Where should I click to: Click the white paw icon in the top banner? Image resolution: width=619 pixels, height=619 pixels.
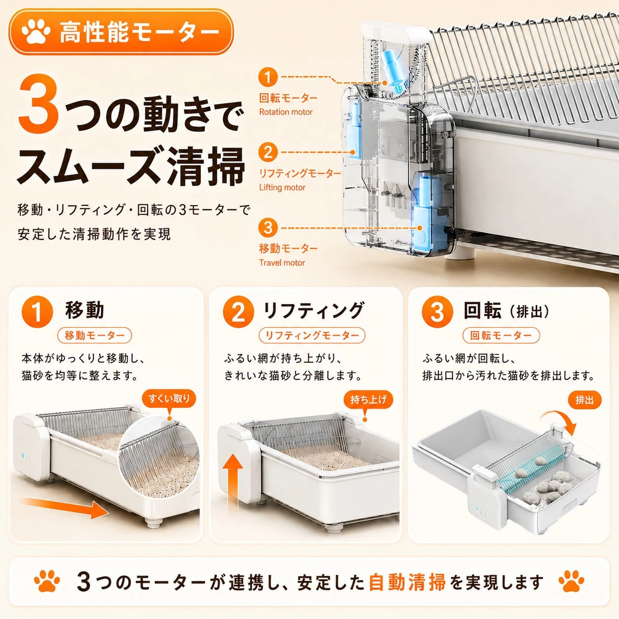pos(36,31)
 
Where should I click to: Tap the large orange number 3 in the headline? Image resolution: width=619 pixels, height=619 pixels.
pos(38,105)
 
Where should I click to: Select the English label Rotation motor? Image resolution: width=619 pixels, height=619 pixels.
pos(286,112)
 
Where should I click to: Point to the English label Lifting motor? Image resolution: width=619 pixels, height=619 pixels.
pos(282,187)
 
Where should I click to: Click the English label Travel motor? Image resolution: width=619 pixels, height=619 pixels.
pos(282,263)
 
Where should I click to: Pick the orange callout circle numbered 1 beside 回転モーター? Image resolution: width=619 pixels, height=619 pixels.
pos(268,77)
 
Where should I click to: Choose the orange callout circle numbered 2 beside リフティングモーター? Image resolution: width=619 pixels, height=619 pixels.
pos(268,152)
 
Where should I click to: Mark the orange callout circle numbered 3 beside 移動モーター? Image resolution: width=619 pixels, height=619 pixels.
pos(268,228)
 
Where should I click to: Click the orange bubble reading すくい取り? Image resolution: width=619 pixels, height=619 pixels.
pos(169,400)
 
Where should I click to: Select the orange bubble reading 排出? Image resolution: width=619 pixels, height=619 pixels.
pos(584,400)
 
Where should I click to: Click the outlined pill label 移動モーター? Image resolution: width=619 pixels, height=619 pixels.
pos(94,335)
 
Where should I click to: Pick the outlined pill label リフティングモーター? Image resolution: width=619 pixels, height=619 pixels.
pos(312,335)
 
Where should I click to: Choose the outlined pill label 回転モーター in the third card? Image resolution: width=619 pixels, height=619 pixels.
pos(501,335)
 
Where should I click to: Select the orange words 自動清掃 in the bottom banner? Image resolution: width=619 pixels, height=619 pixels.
pos(407,582)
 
